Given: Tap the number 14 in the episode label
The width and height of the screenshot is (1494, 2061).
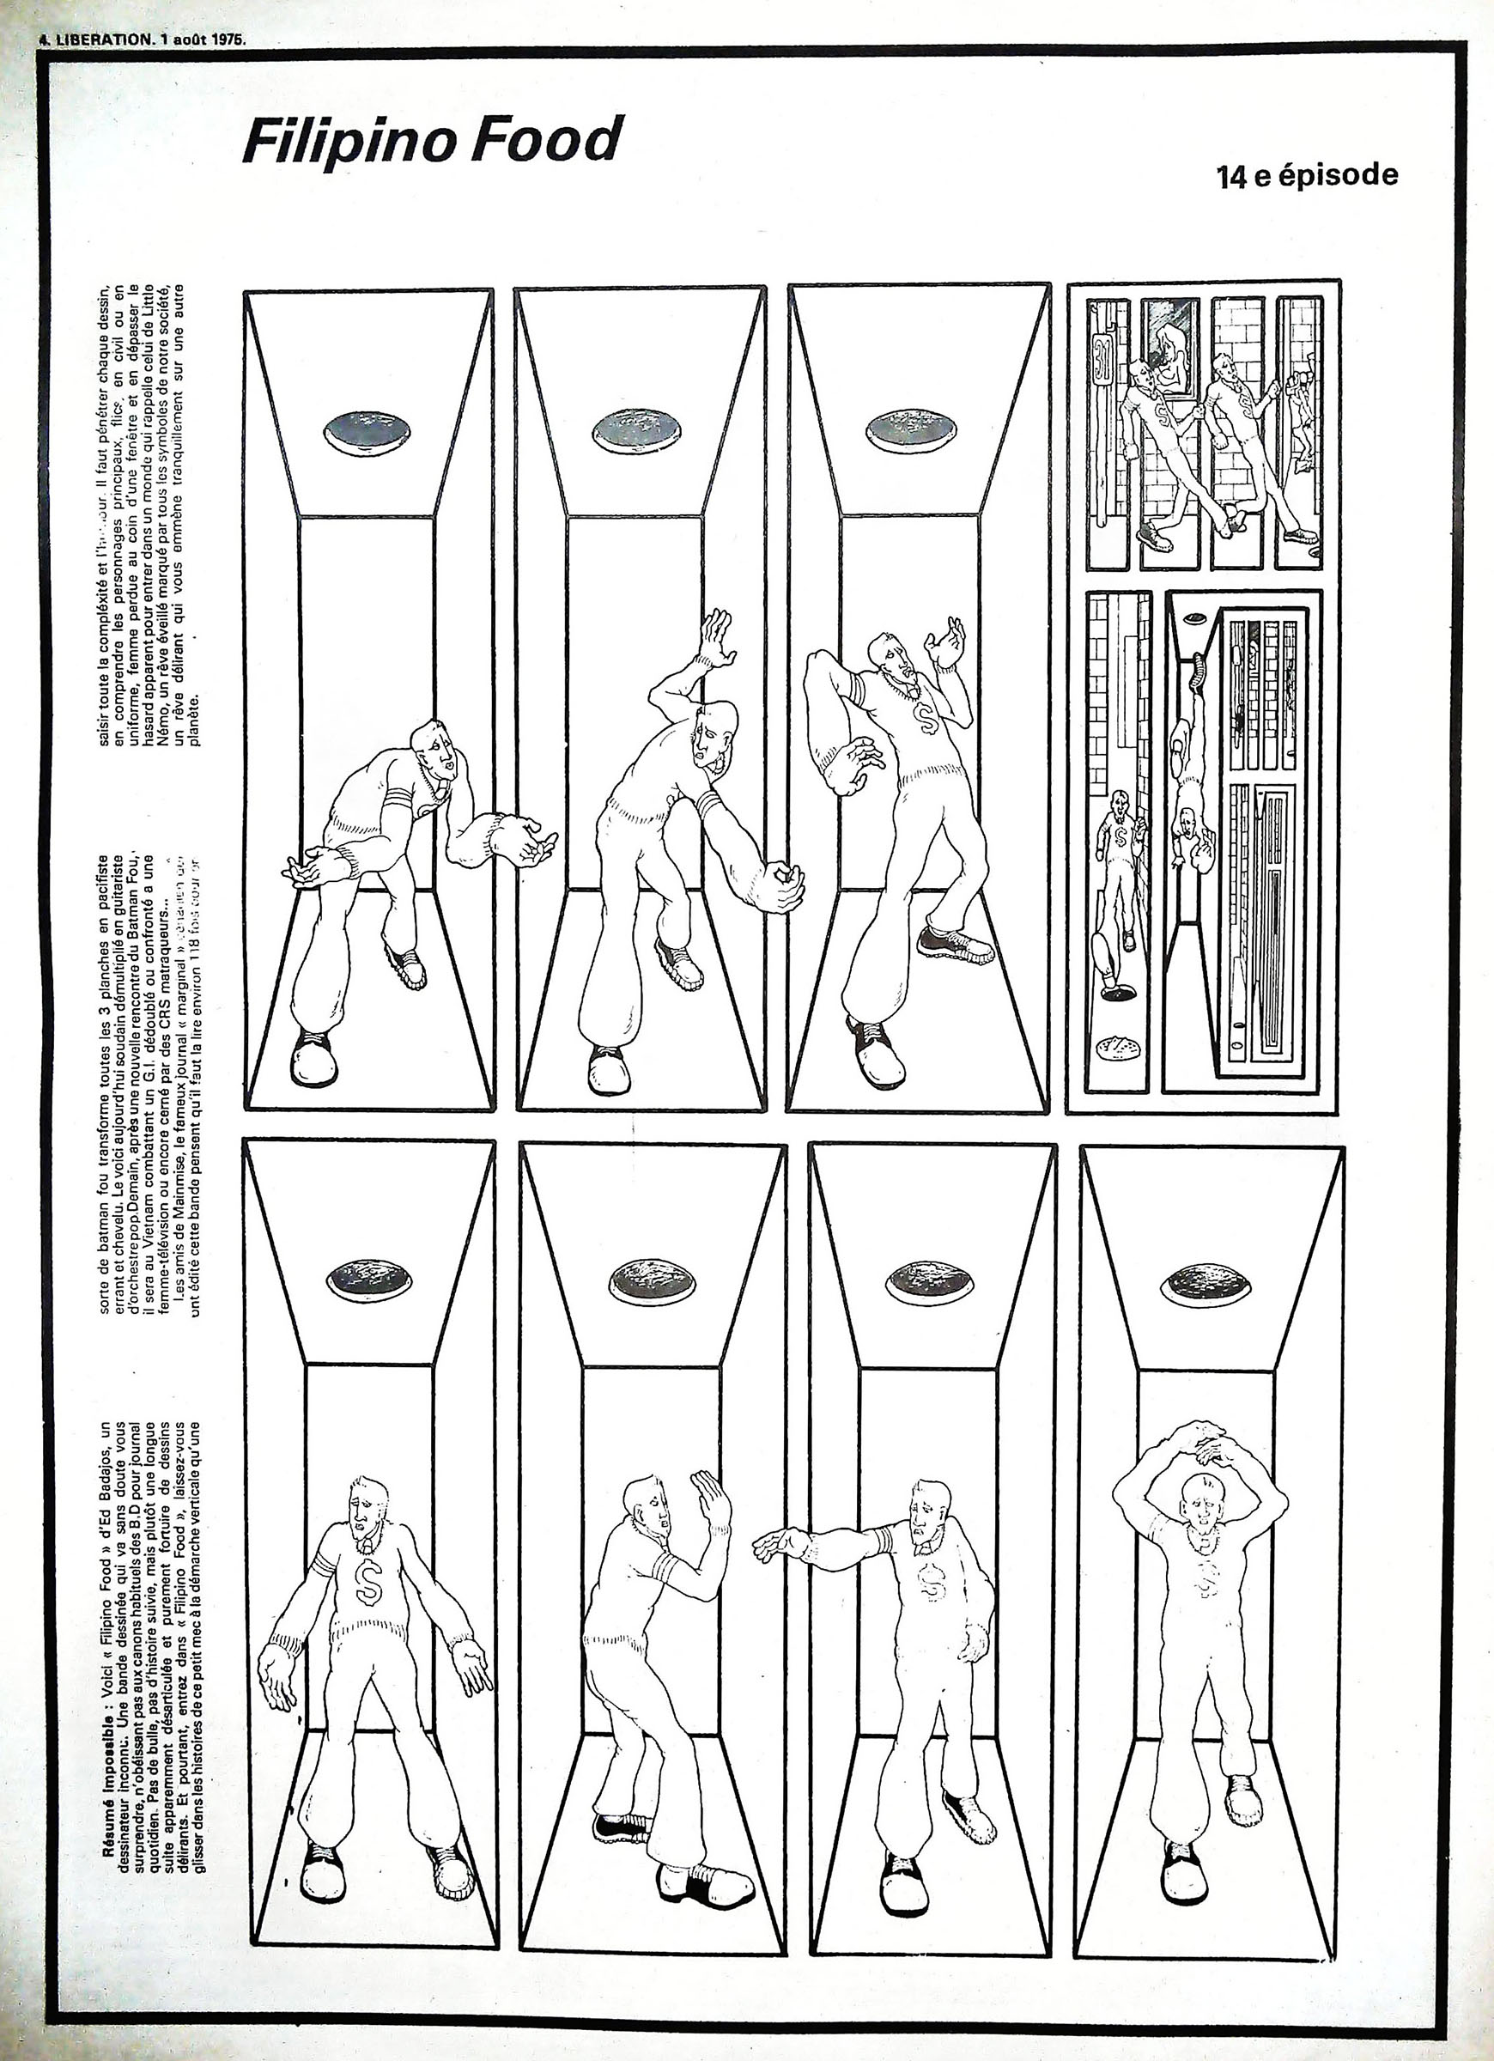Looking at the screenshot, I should [x=1231, y=176].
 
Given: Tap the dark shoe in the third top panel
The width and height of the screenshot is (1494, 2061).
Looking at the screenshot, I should [x=955, y=945].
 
